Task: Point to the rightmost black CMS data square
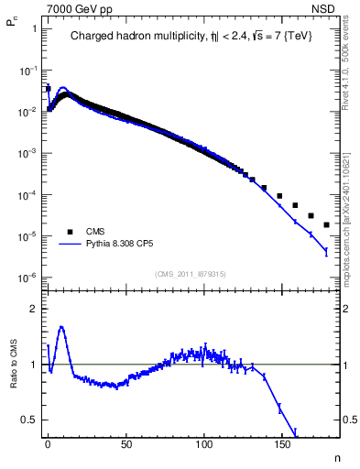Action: pos(327,224)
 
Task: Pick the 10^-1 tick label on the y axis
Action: pos(27,70)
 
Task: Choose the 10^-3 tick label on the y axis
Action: pos(27,153)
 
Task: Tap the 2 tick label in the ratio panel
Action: pos(34,309)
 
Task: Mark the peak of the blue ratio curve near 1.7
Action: pos(61,326)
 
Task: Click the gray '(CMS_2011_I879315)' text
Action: pos(191,274)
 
